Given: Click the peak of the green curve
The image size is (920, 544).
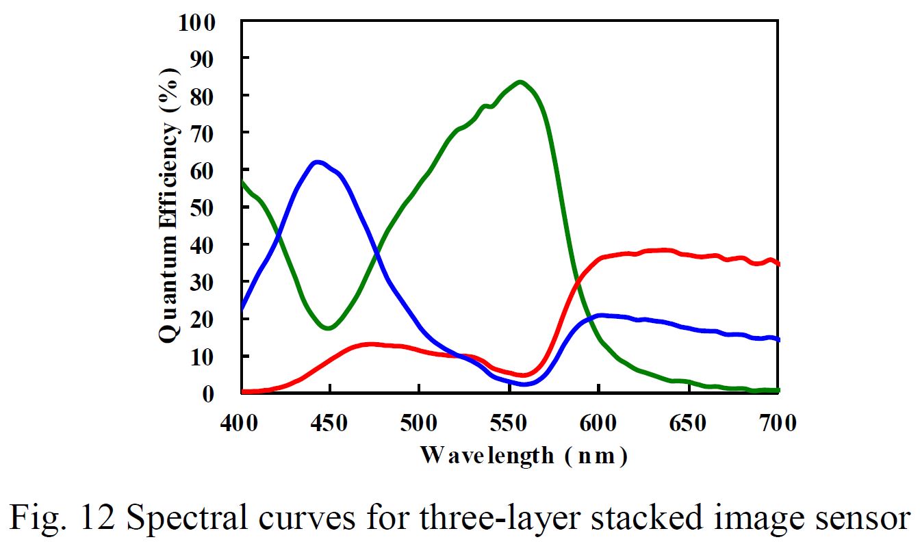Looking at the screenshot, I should (521, 83).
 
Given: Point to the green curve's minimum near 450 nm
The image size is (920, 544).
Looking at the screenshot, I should (329, 328).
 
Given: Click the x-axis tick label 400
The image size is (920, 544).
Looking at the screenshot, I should (241, 424).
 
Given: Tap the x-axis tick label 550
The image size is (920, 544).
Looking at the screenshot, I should (509, 424).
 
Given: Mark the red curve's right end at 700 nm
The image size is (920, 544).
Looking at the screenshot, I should (778, 264).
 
